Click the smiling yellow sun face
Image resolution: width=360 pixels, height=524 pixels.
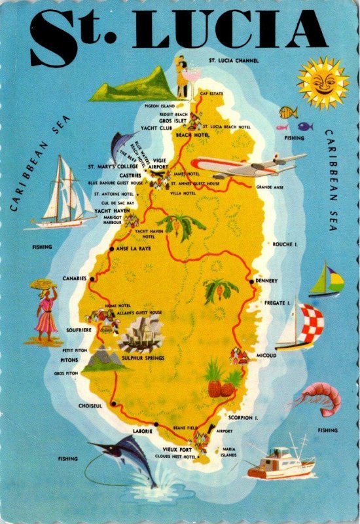pos(323,82)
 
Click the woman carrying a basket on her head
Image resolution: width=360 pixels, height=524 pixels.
pos(45,311)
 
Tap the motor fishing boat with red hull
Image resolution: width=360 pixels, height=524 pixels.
pos(281,462)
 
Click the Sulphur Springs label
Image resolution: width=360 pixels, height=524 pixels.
pos(143,358)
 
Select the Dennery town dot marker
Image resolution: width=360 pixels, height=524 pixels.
pos(251,281)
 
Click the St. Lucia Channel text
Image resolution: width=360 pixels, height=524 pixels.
pos(233,60)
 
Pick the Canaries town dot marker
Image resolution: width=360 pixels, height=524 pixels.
pos(92,278)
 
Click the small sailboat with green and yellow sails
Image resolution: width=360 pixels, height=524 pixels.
pos(327,282)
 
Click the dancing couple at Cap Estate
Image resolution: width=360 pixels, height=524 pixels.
pos(181,77)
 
